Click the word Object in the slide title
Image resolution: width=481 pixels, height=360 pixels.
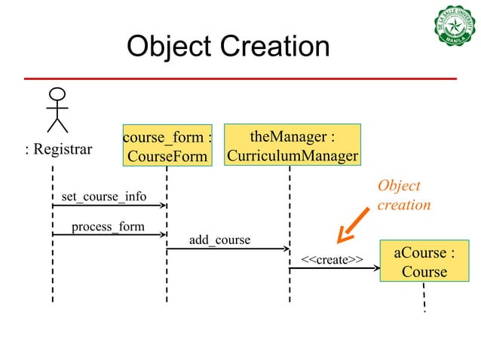coord(167,47)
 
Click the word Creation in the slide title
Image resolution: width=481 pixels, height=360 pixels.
coord(271,47)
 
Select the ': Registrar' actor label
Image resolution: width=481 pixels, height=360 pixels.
coord(59,149)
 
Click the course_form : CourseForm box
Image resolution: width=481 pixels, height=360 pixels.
coord(167,146)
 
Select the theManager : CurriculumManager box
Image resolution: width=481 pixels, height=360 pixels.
coord(293,145)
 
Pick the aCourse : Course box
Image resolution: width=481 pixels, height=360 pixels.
coord(424,261)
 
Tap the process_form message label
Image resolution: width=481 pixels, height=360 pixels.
coord(108,227)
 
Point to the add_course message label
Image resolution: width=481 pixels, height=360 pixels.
coord(219,240)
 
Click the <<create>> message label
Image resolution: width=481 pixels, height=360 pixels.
coord(332,260)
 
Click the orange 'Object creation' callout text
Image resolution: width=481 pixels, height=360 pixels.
coord(403,195)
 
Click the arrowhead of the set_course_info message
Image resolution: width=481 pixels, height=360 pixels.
coord(162,205)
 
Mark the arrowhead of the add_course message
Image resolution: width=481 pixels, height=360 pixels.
coord(285,248)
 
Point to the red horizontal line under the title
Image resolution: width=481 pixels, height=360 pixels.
coord(240,78)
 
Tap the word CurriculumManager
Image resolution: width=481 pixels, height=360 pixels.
coord(293,156)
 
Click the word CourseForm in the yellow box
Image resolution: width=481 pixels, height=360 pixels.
coord(167,157)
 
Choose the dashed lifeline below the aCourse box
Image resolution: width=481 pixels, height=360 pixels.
coord(424,295)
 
